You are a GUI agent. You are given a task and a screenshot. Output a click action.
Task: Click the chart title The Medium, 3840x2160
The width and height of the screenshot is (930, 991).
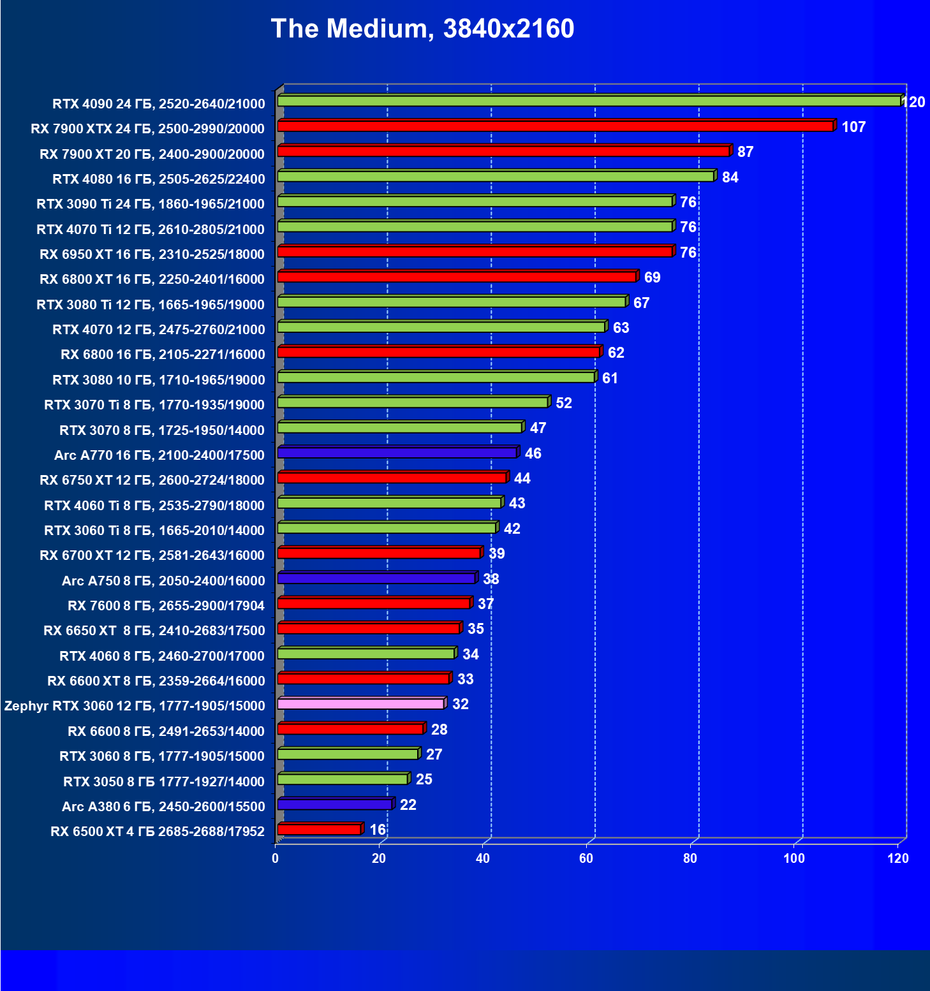(x=422, y=29)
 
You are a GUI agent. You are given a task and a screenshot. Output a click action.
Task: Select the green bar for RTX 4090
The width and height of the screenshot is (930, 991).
(x=589, y=101)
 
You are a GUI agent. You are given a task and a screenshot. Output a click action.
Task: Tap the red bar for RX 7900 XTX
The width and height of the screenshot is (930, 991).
(x=555, y=126)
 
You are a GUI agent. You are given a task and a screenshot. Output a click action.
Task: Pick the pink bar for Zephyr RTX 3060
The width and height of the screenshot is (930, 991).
(x=360, y=704)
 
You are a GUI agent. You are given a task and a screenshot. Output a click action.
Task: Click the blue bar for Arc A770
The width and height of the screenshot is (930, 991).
(x=397, y=453)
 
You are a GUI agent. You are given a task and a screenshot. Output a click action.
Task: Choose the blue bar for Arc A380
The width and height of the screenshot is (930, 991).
(x=334, y=805)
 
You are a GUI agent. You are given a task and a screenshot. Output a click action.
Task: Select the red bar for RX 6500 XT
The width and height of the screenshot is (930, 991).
(x=319, y=830)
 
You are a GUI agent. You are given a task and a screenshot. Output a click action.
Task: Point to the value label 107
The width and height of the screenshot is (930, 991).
(x=853, y=127)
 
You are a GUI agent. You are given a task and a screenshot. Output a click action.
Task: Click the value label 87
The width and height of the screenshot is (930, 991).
(x=745, y=152)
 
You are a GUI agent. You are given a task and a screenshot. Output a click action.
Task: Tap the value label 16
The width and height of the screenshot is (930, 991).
(x=378, y=830)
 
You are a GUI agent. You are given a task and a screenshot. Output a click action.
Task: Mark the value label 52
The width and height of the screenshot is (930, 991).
(x=564, y=403)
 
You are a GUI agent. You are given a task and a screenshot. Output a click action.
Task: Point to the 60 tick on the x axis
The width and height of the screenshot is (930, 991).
(x=586, y=858)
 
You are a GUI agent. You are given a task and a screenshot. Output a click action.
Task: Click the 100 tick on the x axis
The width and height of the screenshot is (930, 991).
(x=794, y=858)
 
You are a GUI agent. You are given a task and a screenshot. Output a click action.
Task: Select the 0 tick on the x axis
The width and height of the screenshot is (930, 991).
(x=276, y=858)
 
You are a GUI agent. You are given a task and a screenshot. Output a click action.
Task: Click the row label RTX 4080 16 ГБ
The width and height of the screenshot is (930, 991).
(x=158, y=179)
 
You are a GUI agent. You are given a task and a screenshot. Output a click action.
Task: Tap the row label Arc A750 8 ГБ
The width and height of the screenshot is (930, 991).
(x=163, y=581)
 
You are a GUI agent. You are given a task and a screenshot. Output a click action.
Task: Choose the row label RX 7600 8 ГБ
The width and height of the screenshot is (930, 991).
(x=166, y=606)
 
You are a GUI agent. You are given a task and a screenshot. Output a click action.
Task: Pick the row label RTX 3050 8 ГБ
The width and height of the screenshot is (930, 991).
(x=164, y=782)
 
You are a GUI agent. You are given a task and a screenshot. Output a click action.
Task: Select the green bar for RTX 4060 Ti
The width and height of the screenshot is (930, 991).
(x=389, y=503)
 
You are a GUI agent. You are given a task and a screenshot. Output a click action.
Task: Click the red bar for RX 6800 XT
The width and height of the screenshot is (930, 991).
(x=457, y=277)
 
